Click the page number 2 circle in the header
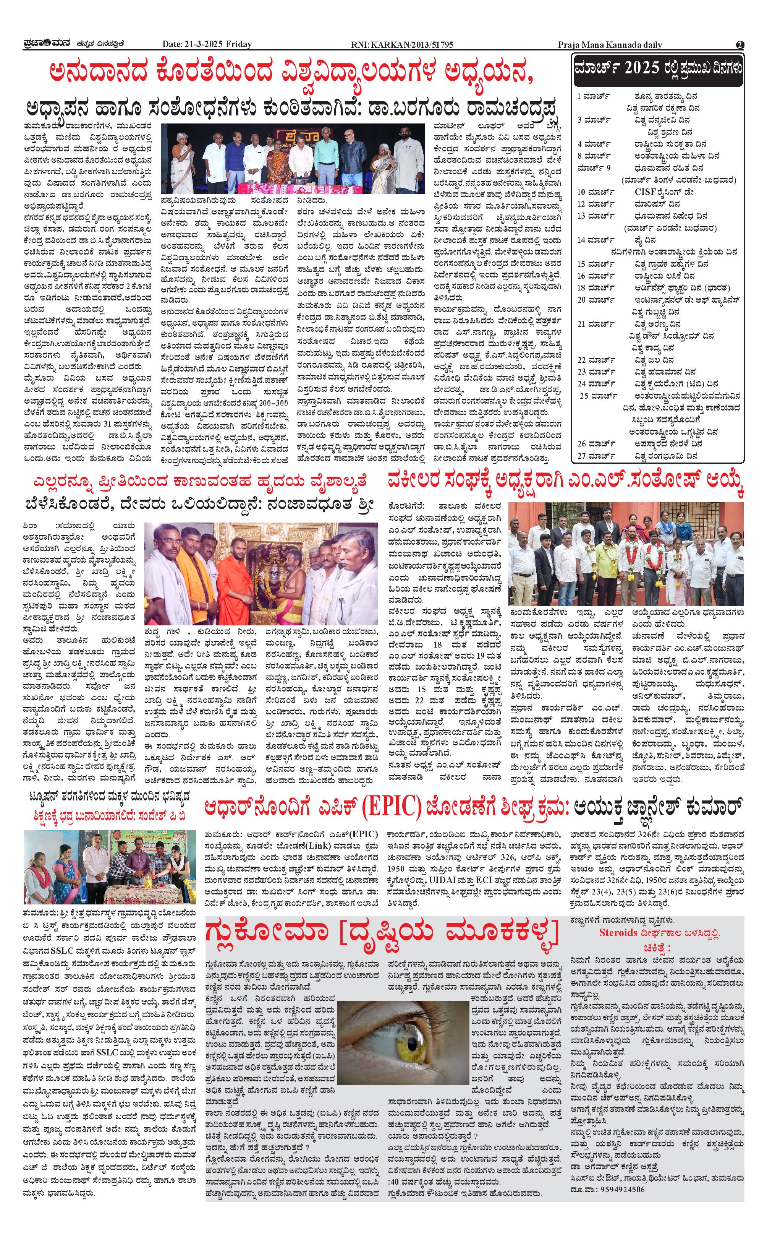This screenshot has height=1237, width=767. click(x=740, y=45)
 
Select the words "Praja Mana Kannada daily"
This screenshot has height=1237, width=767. click(x=610, y=45)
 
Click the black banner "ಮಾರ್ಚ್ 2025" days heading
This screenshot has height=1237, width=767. click(x=657, y=68)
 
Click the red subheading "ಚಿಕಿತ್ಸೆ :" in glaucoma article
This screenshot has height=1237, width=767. click(x=657, y=947)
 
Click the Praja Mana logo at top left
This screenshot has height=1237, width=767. click(x=45, y=44)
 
